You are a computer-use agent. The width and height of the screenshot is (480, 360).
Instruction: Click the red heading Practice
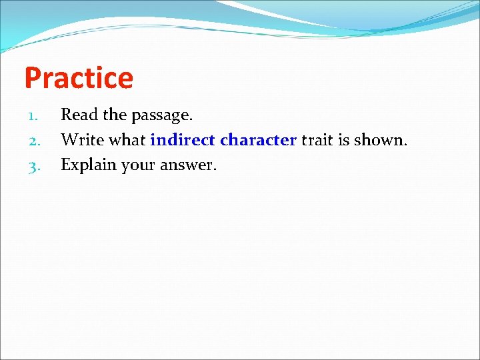point(79,78)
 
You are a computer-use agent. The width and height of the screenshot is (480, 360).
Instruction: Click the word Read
point(78,115)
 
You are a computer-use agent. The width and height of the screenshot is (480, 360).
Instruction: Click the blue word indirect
point(183,140)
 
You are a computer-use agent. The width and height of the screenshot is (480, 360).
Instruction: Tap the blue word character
point(258,140)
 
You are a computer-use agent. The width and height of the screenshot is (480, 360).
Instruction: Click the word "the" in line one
point(114,115)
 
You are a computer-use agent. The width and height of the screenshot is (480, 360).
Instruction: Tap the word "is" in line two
point(344,140)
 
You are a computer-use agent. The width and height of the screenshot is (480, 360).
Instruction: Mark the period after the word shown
point(405,145)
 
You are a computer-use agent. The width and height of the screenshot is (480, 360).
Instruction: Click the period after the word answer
point(215,170)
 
